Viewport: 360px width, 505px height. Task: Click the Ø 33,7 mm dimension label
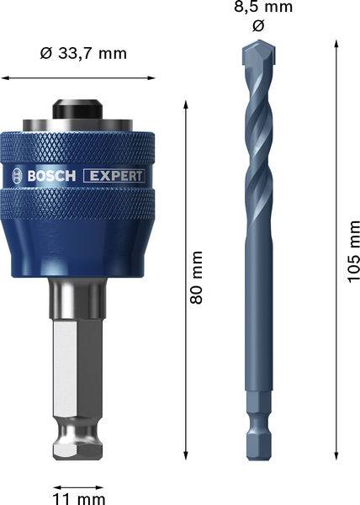pos(83,54)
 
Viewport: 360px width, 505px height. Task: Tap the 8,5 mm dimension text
pos(263,7)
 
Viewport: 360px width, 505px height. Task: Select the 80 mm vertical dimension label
pos(196,278)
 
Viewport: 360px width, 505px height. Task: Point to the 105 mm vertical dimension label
pos(353,252)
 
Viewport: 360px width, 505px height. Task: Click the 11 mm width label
pos(79,498)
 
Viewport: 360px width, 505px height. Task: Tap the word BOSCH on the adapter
pos(51,176)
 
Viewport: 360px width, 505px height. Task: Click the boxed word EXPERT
pos(114,176)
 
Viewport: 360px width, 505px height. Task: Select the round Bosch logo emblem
pos(18,176)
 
